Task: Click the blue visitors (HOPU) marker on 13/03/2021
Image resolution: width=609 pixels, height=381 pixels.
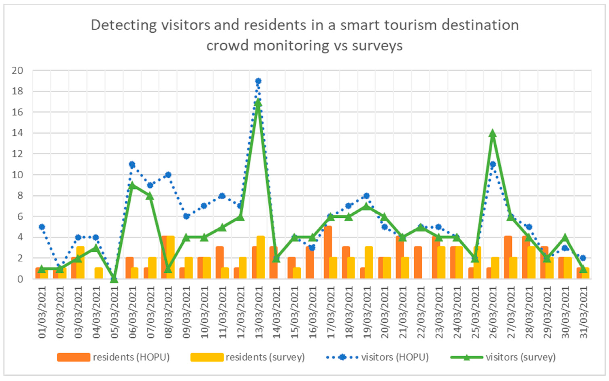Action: [258, 81]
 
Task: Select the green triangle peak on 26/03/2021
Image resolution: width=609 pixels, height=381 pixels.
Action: [493, 134]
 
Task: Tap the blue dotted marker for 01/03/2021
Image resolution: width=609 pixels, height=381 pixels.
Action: [42, 227]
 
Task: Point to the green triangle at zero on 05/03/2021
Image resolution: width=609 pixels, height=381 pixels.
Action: [114, 279]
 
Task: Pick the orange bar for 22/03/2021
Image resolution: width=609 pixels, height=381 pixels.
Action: [418, 263]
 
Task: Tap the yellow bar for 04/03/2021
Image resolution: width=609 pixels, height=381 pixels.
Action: [99, 273]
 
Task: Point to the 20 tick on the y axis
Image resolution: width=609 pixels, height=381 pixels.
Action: [17, 71]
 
